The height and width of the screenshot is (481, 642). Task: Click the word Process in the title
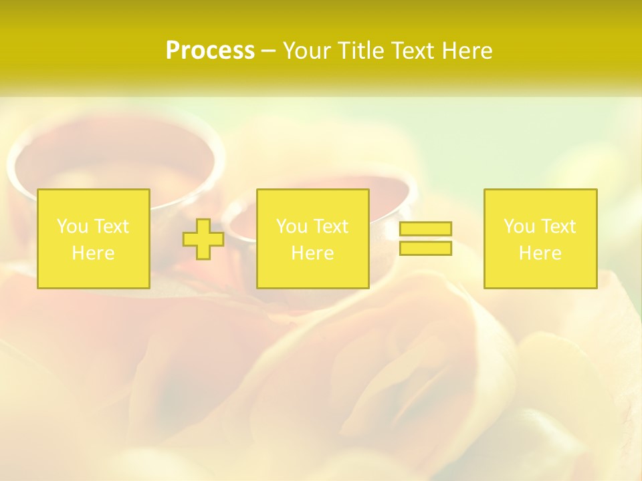point(210,51)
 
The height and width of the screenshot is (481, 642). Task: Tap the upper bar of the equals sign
point(425,229)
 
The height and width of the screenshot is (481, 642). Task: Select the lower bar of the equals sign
point(425,248)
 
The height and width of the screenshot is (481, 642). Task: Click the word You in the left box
point(72,226)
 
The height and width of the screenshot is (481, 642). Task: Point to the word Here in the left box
point(93,253)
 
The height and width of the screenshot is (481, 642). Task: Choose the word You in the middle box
point(292,226)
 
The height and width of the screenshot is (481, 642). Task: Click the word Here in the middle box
point(312,253)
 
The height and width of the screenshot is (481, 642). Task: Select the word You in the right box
point(519,226)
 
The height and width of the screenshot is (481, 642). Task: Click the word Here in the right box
point(540,253)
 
